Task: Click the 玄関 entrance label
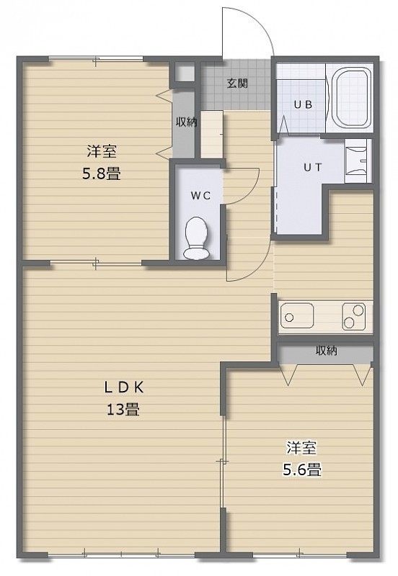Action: [237, 84]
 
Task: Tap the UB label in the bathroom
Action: [303, 104]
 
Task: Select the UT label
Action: [313, 168]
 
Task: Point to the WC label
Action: [201, 195]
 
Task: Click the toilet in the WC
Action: [197, 238]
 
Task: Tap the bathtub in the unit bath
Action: [351, 97]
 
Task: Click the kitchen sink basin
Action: [297, 315]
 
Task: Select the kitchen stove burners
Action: [353, 316]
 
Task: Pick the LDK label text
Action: [123, 387]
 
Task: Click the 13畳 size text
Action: [123, 409]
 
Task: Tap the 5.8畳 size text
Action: [102, 174]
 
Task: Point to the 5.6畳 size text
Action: [302, 469]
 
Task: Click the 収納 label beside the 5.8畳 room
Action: [187, 122]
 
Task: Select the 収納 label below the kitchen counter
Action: [327, 351]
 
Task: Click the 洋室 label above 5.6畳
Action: [301, 448]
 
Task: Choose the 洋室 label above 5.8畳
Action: [102, 152]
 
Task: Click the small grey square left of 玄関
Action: [185, 73]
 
